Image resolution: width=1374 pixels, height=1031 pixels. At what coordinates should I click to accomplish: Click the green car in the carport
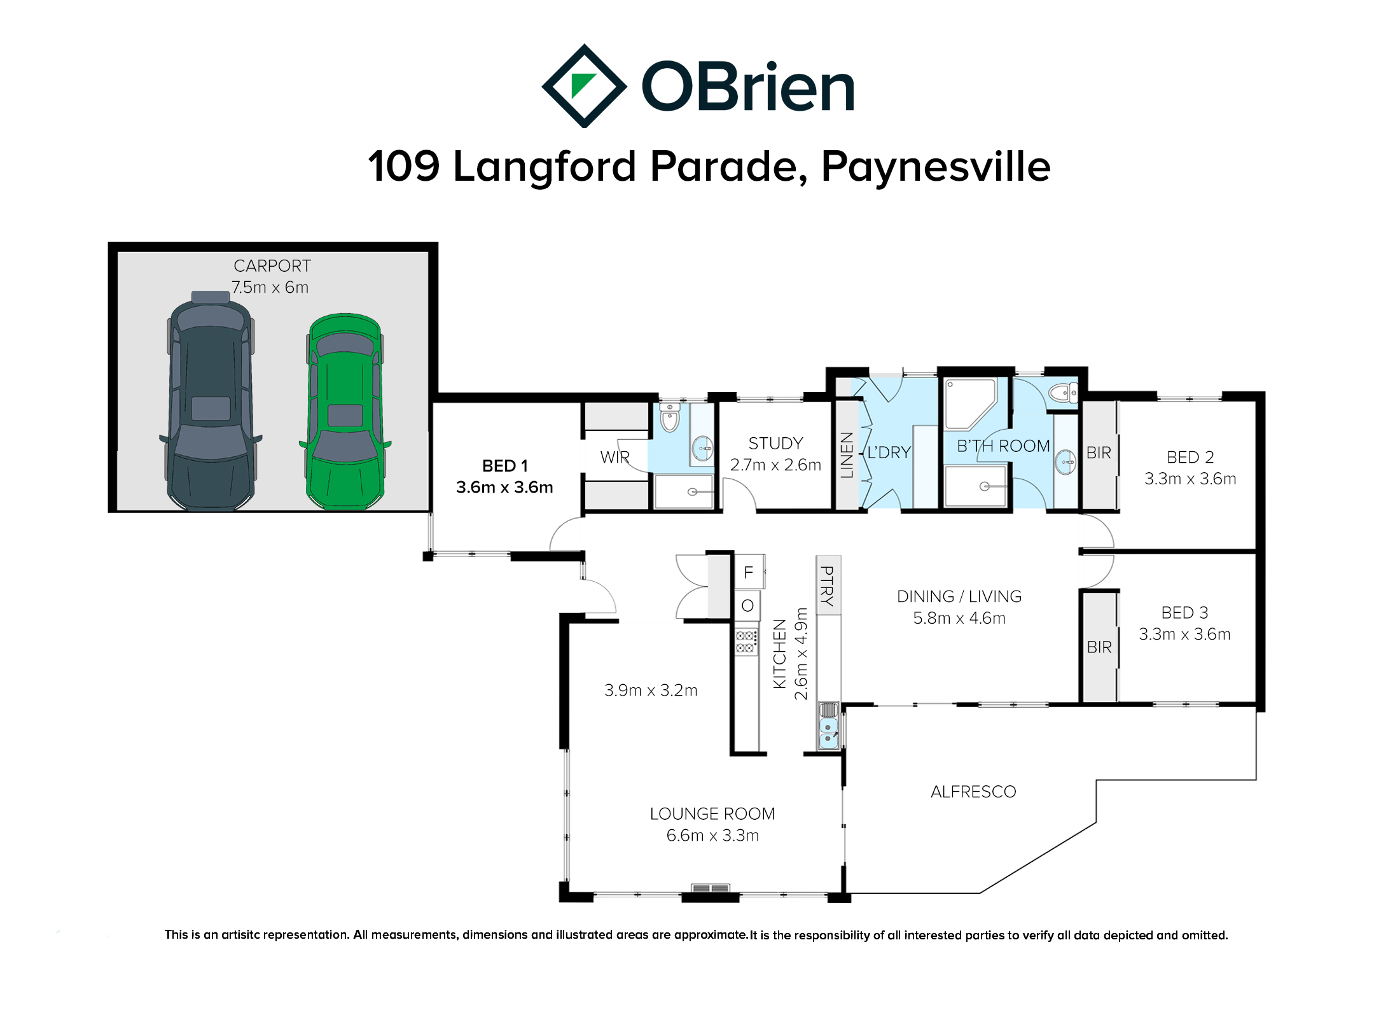point(345,411)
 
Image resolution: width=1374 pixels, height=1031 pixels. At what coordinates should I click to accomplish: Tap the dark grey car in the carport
point(211,401)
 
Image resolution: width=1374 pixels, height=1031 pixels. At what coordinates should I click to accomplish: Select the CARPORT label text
point(272,266)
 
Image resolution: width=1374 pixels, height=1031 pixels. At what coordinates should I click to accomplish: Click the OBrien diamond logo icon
point(584,86)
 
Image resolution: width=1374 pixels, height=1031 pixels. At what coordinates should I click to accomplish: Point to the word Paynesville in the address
point(936,167)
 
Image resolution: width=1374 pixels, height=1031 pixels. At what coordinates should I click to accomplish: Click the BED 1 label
point(505,466)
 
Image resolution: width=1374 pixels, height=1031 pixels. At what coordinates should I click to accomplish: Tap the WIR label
point(614,457)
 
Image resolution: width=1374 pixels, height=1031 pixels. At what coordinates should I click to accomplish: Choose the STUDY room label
point(775,443)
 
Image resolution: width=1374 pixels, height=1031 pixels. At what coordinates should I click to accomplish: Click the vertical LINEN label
point(847,454)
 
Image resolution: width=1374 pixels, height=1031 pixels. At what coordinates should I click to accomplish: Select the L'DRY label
point(889,452)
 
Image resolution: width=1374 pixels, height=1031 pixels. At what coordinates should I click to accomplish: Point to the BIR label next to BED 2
point(1099,452)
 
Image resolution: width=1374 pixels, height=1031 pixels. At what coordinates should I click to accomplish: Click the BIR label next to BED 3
point(1099,647)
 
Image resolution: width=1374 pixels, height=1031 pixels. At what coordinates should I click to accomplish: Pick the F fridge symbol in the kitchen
point(749,572)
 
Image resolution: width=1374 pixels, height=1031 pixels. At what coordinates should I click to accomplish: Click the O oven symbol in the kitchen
point(748,605)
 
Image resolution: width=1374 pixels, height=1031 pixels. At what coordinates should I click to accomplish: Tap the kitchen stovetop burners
point(746,642)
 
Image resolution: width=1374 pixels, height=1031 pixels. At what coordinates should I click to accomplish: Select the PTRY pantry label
point(827,586)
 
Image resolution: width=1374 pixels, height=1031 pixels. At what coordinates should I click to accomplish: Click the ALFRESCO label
point(973,792)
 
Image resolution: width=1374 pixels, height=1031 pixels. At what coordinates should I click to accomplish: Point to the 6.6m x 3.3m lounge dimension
point(712,835)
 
